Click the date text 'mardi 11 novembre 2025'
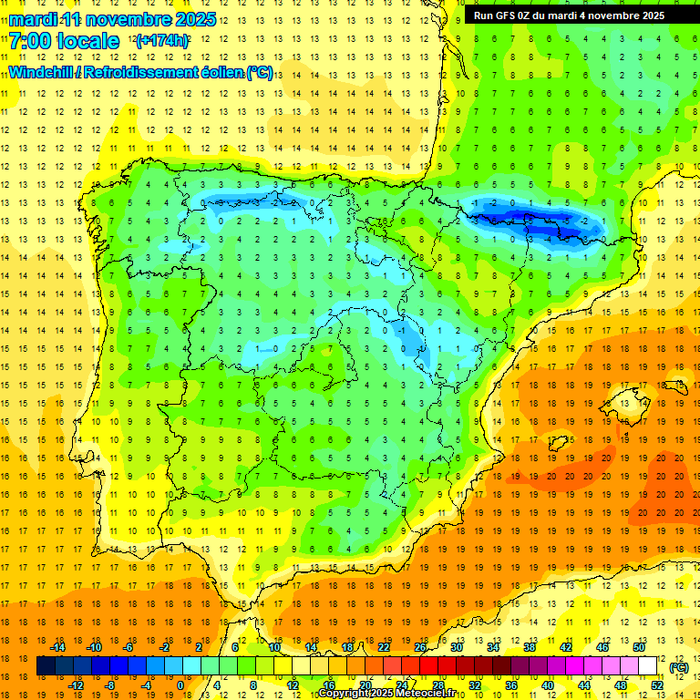click(x=113, y=19)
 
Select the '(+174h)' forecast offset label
click(x=162, y=41)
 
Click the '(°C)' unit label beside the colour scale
click(x=678, y=667)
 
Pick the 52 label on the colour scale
click(x=657, y=685)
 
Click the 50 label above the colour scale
click(x=638, y=647)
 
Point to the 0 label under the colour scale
click(x=180, y=685)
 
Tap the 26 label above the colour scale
click(x=420, y=647)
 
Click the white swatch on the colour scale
click(x=648, y=666)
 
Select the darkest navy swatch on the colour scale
click(x=46, y=666)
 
